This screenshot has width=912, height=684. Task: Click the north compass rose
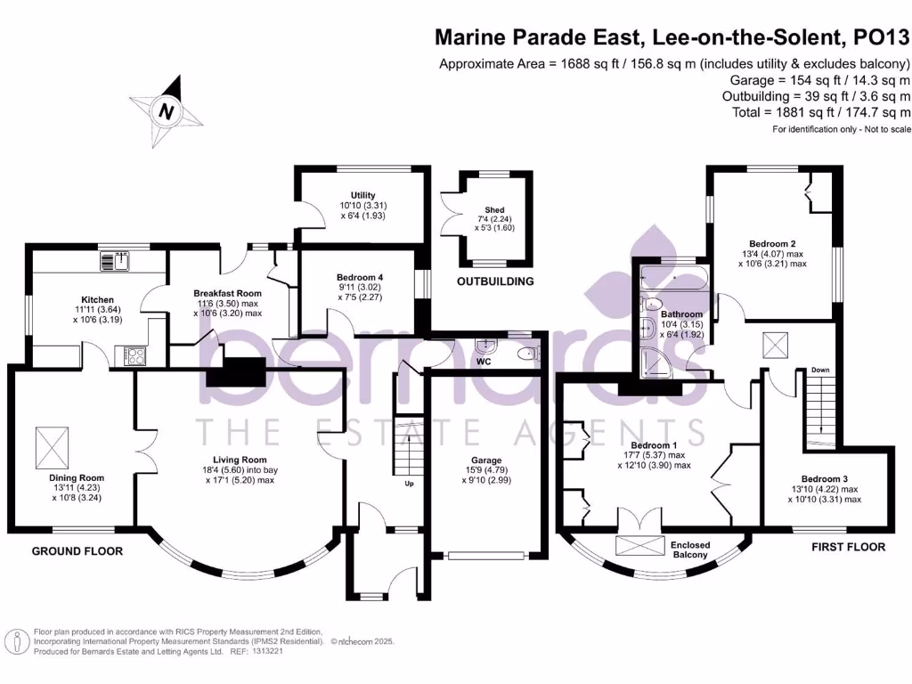pyautogui.click(x=166, y=112)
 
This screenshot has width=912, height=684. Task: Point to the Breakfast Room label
pyautogui.click(x=227, y=293)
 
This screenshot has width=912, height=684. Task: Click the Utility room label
pyautogui.click(x=363, y=195)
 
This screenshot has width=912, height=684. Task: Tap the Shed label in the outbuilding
pyautogui.click(x=494, y=210)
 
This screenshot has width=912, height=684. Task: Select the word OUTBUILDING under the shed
pyautogui.click(x=495, y=281)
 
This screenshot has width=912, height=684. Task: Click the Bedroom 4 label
pyautogui.click(x=359, y=277)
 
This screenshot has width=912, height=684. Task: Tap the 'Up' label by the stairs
pyautogui.click(x=409, y=484)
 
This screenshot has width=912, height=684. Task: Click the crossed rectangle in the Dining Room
pyautogui.click(x=52, y=441)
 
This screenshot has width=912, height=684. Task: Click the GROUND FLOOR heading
pyautogui.click(x=77, y=551)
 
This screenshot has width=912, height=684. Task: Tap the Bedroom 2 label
pyautogui.click(x=772, y=243)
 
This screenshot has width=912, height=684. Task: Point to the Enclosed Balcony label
pyautogui.click(x=690, y=550)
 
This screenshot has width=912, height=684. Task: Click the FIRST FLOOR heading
pyautogui.click(x=848, y=547)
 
